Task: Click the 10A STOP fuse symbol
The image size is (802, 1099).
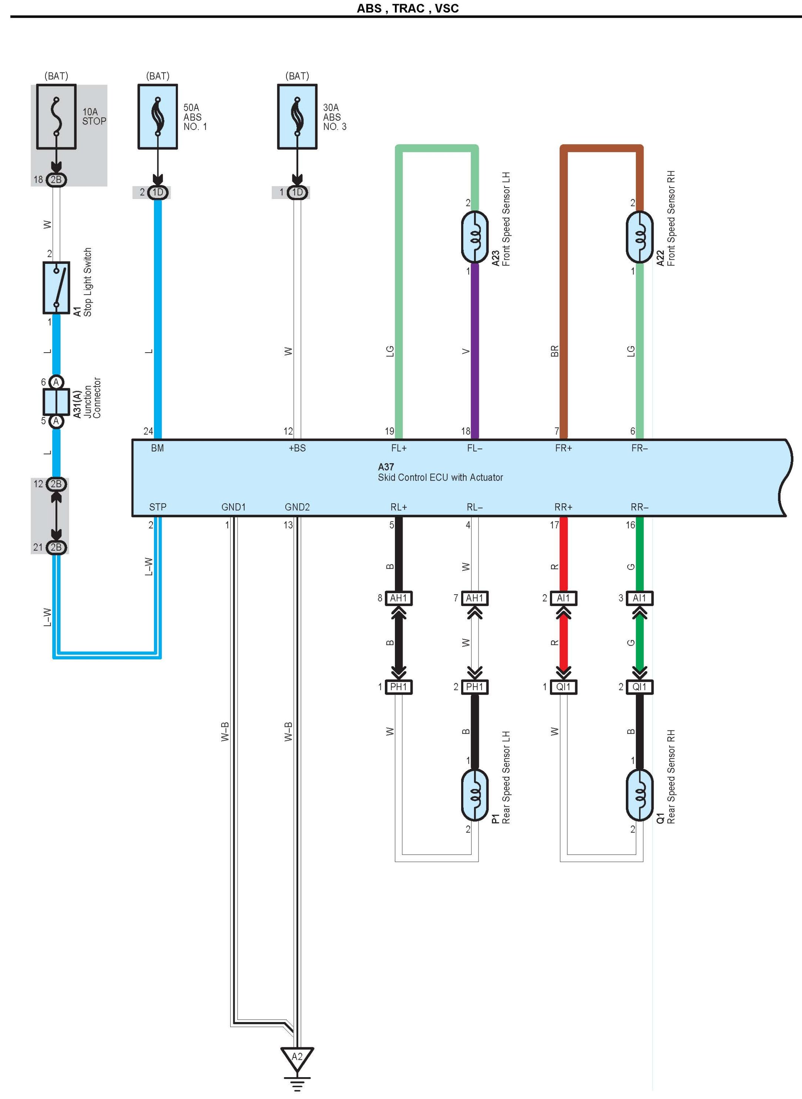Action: pyautogui.click(x=56, y=117)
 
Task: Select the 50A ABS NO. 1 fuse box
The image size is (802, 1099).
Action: pyautogui.click(x=158, y=117)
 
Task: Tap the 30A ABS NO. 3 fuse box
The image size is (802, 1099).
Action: pyautogui.click(x=297, y=117)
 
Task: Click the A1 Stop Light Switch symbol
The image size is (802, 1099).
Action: pyautogui.click(x=56, y=288)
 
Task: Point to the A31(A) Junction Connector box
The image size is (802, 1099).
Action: pyautogui.click(x=56, y=402)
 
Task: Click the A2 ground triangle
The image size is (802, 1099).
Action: pyautogui.click(x=297, y=1058)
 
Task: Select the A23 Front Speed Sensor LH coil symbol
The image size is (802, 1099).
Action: pyautogui.click(x=475, y=237)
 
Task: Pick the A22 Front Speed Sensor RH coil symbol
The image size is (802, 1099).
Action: pyautogui.click(x=640, y=237)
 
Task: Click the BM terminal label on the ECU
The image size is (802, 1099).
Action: pyautogui.click(x=157, y=448)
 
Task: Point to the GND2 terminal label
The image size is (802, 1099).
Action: pyautogui.click(x=297, y=507)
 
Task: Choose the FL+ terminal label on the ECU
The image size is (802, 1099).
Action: pyautogui.click(x=399, y=448)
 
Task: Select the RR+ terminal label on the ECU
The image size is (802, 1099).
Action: pyautogui.click(x=563, y=507)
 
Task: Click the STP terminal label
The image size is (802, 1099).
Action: pyautogui.click(x=158, y=507)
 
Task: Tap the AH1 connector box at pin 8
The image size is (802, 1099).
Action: pyautogui.click(x=399, y=598)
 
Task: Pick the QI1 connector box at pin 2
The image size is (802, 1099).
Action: pyautogui.click(x=640, y=687)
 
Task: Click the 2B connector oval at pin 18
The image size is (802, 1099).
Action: pyautogui.click(x=56, y=179)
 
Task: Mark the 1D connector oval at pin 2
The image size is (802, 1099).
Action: pyautogui.click(x=158, y=192)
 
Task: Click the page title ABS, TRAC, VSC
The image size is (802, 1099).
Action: pyautogui.click(x=408, y=8)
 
